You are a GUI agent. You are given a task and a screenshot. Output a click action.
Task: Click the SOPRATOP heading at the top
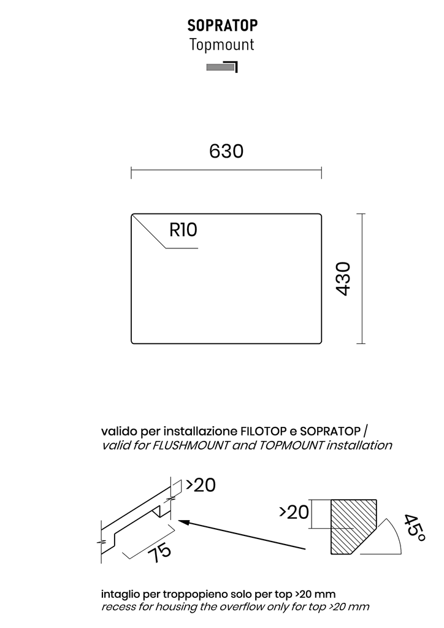tap(223, 25)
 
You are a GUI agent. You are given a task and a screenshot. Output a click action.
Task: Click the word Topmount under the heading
tap(222, 44)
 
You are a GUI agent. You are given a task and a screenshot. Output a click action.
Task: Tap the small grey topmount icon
tap(222, 67)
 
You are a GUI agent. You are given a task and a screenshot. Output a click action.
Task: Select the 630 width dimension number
tap(226, 151)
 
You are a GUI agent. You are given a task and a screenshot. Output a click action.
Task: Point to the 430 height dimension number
tap(343, 279)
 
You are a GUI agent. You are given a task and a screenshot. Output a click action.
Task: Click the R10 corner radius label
tap(183, 231)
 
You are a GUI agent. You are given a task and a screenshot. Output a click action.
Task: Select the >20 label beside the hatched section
tap(294, 512)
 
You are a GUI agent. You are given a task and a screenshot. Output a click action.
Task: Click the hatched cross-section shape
tap(354, 527)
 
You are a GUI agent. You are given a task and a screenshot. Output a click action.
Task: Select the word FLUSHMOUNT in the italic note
tap(191, 445)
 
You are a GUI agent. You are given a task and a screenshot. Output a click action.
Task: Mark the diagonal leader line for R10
tap(149, 231)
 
